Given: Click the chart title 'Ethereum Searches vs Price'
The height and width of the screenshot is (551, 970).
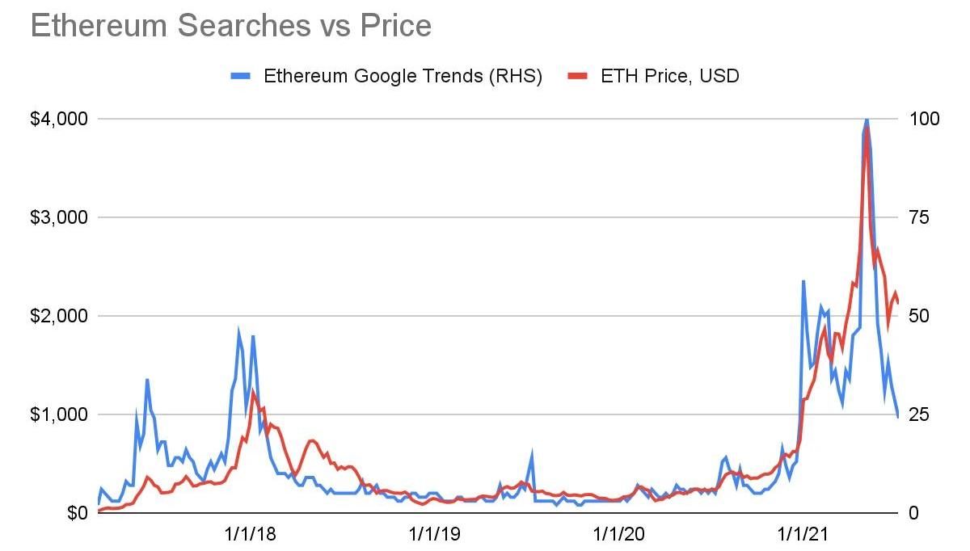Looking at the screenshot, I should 230,26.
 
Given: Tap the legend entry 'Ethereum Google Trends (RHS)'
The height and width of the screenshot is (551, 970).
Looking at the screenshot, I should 403,76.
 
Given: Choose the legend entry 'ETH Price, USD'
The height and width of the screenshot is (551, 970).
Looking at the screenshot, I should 670,76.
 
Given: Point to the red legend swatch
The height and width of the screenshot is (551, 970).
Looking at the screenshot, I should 577,76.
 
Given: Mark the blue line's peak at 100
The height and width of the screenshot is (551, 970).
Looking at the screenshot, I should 867,120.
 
